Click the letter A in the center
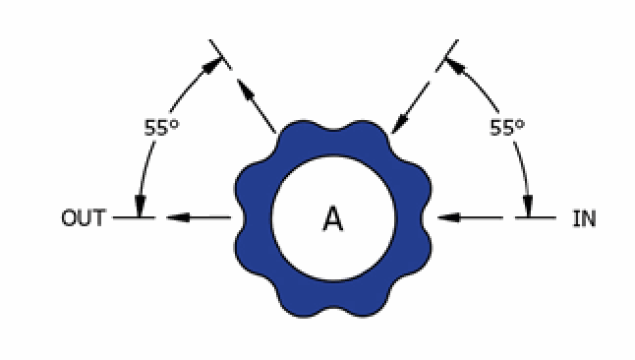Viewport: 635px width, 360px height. pos(333,218)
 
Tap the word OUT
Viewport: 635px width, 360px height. pos(84,217)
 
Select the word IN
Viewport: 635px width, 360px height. pos(584,218)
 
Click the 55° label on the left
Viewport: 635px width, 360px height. pos(161,128)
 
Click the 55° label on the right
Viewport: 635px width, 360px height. pos(507,128)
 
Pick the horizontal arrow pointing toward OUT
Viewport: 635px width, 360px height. pos(199,217)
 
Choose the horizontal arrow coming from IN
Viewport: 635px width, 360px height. pos(470,217)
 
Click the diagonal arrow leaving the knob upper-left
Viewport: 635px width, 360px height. pos(257,105)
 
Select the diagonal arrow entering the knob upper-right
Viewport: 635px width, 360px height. pos(410,107)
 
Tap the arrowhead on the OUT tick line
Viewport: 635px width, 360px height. pos(140,206)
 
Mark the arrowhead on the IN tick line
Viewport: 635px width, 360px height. pos(528,206)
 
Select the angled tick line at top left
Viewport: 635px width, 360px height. pos(221,55)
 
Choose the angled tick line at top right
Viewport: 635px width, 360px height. pos(447,55)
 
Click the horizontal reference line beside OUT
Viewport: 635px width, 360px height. pos(134,217)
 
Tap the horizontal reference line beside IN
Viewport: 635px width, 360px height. pos(536,217)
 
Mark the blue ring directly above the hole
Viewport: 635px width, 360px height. pos(333,143)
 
